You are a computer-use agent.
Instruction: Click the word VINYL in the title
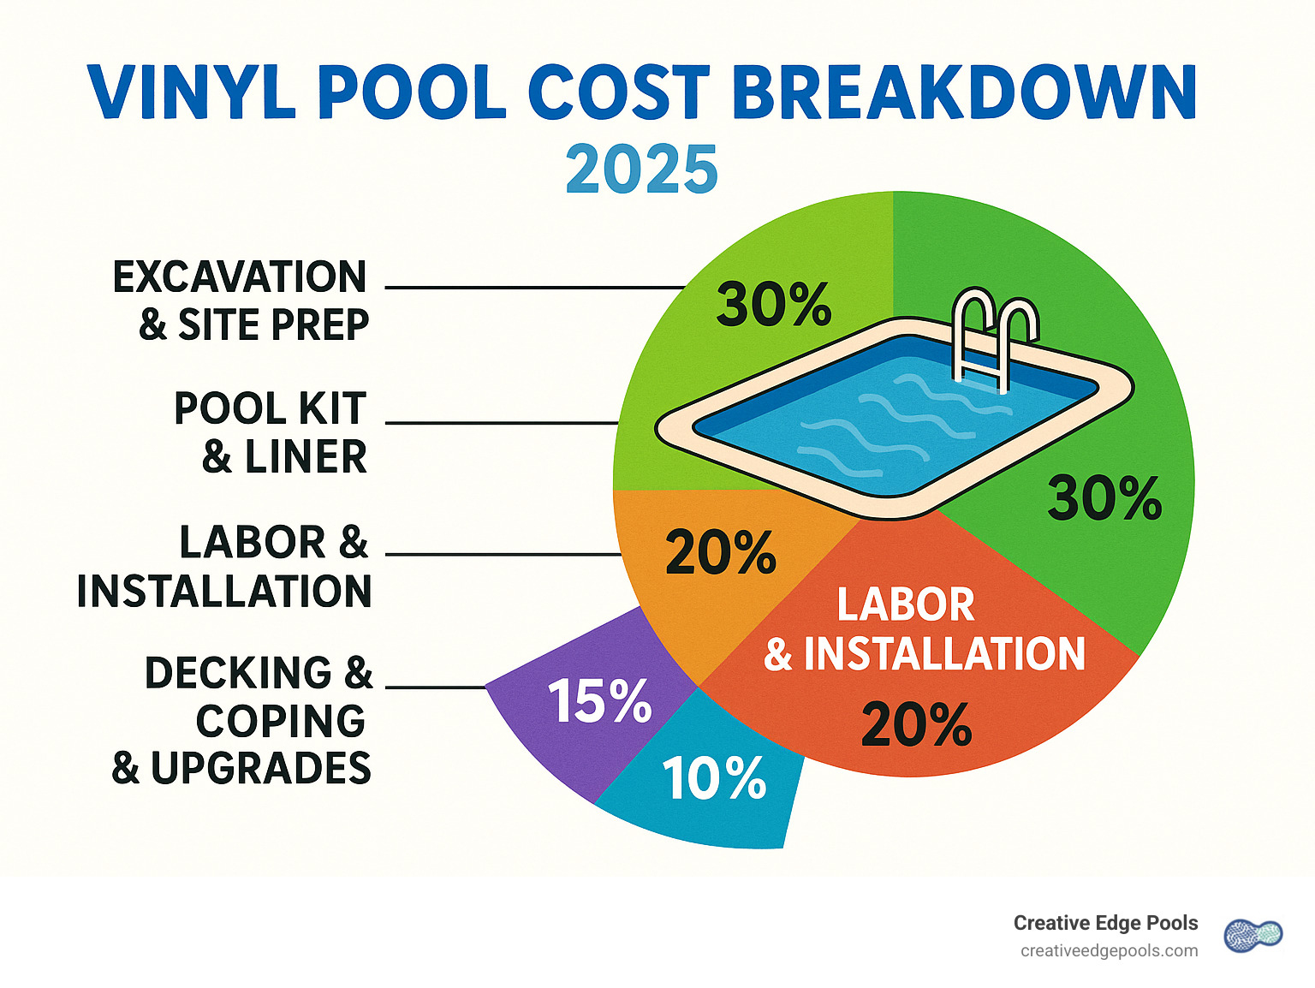(190, 92)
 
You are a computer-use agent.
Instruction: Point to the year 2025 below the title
(641, 169)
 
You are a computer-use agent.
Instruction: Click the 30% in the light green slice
(774, 305)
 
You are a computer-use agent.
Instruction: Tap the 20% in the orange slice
(721, 552)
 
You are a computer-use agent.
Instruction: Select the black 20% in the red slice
(916, 724)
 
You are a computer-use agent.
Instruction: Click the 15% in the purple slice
(599, 701)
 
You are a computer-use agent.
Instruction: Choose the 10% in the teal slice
(714, 779)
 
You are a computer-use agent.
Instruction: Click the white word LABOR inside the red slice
(906, 604)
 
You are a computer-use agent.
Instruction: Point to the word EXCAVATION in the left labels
(240, 277)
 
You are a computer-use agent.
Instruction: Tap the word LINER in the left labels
(306, 456)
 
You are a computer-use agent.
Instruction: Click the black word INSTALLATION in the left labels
(224, 591)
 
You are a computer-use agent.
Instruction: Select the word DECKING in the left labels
(238, 673)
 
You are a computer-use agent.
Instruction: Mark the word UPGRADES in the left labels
(261, 768)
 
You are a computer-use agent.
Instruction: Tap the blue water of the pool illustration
(890, 420)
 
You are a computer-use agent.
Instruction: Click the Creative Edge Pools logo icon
(1253, 935)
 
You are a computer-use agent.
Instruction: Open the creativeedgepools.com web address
(1109, 950)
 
